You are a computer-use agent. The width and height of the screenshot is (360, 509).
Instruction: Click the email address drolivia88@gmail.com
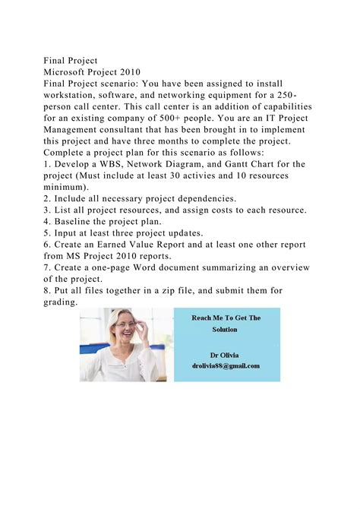pyautogui.click(x=226, y=365)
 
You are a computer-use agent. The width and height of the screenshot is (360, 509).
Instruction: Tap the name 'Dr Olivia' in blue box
pyautogui.click(x=226, y=354)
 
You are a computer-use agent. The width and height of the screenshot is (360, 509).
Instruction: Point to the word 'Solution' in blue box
pyautogui.click(x=225, y=330)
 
